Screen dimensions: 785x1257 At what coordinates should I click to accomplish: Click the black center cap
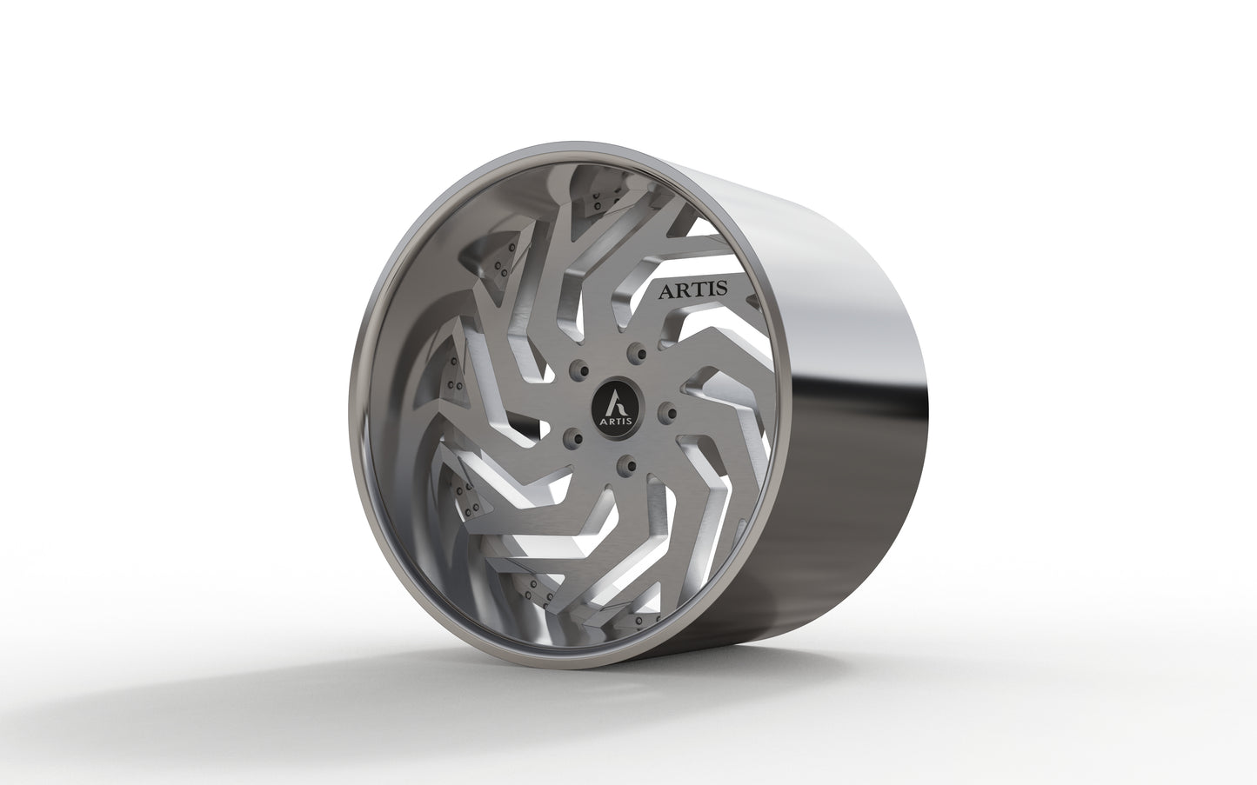tap(613, 406)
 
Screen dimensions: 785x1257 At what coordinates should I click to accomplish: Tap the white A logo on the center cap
tap(613, 401)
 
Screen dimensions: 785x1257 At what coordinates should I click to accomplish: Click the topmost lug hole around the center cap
tap(641, 352)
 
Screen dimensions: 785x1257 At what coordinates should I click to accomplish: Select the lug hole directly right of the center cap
tap(666, 409)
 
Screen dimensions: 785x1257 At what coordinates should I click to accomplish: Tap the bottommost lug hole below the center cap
tap(623, 468)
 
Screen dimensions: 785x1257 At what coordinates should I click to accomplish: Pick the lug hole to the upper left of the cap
tap(576, 373)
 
